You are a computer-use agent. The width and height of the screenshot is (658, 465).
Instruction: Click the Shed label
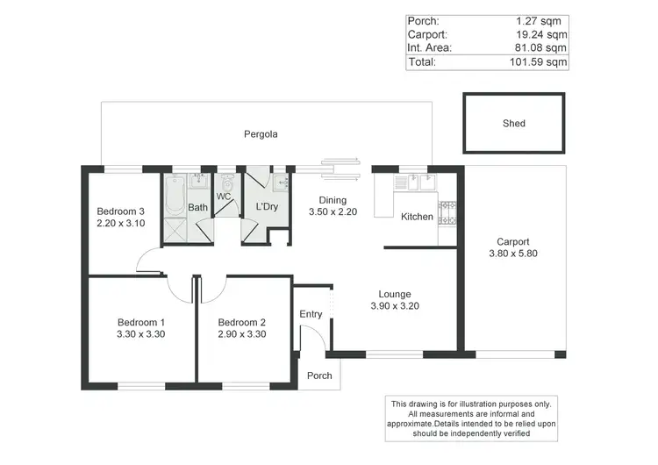(x=514, y=124)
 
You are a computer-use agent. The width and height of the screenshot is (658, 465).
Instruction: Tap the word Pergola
(x=261, y=134)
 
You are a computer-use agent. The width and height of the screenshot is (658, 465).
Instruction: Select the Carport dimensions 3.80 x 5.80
(x=513, y=254)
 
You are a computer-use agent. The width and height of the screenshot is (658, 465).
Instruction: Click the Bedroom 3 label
(x=121, y=211)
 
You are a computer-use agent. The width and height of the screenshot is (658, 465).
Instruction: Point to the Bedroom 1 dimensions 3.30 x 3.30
(x=141, y=334)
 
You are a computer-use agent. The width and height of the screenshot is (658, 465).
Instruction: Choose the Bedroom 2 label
(x=242, y=322)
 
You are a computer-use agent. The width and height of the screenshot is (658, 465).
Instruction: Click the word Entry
(x=311, y=314)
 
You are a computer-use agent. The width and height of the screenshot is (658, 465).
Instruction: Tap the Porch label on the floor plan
(x=319, y=376)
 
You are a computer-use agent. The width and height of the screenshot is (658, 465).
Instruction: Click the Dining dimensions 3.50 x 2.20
(x=333, y=212)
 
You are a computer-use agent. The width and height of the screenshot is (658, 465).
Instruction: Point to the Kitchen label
(x=417, y=217)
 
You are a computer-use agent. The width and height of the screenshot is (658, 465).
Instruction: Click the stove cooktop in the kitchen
(x=447, y=211)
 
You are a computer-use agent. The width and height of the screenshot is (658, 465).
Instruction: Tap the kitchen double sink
(x=414, y=182)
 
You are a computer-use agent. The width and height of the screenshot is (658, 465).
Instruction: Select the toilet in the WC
(x=227, y=183)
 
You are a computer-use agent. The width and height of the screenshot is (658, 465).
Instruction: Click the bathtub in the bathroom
(x=174, y=189)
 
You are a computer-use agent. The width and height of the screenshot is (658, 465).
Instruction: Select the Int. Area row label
(x=429, y=48)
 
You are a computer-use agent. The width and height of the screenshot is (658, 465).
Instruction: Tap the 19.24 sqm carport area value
(x=540, y=35)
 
